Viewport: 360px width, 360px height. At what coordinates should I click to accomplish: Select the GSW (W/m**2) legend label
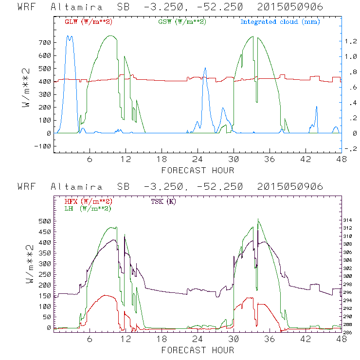tap(182, 22)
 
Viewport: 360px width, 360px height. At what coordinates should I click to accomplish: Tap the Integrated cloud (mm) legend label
tap(280, 22)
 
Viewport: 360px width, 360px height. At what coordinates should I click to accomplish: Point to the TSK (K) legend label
tap(163, 201)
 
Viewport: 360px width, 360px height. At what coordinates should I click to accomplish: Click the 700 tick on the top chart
tap(45, 42)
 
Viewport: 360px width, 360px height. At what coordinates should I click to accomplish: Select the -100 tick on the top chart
tap(42, 146)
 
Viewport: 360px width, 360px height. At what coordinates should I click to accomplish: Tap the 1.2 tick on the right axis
tap(351, 41)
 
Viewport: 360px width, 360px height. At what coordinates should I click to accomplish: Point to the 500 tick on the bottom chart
tap(45, 221)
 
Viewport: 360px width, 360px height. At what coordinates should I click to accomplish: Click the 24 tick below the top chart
tap(198, 159)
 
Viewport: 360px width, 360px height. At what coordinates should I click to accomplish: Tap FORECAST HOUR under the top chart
tap(198, 170)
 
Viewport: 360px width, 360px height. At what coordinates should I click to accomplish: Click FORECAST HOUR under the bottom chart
tap(198, 350)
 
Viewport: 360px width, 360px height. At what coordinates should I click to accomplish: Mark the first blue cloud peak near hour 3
tap(70, 36)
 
